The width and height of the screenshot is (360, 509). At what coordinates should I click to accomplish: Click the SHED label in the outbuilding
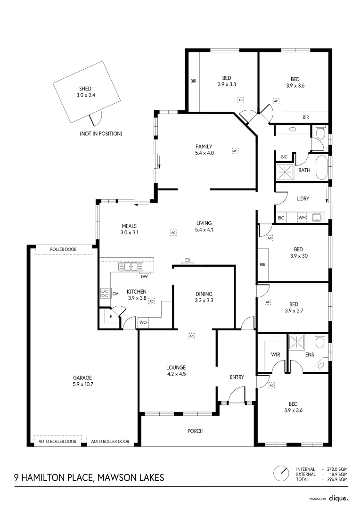[x=85, y=89]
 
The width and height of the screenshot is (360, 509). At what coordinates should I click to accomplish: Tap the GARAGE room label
[x=82, y=378]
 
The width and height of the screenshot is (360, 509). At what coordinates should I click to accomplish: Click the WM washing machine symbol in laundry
[x=302, y=218]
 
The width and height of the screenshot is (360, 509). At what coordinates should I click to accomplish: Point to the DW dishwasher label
[x=144, y=277]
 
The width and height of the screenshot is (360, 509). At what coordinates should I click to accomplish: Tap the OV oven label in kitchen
[x=115, y=294]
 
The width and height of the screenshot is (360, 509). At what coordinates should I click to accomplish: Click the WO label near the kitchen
[x=143, y=323]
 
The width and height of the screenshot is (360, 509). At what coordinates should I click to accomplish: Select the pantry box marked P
[x=111, y=317]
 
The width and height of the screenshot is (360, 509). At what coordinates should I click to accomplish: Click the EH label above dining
[x=188, y=260]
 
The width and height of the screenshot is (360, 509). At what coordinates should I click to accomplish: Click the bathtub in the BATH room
[x=321, y=168]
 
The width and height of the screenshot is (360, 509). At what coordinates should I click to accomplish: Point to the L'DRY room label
[x=303, y=199]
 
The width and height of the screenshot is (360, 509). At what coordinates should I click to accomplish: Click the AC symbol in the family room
[x=235, y=151]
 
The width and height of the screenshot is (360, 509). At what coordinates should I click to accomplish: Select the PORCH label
[x=195, y=431]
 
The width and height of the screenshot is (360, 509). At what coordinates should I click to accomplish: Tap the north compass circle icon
[x=282, y=474]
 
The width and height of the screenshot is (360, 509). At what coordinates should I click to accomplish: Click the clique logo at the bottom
[x=338, y=498]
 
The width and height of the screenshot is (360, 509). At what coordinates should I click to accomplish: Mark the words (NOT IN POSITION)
[x=101, y=134]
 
